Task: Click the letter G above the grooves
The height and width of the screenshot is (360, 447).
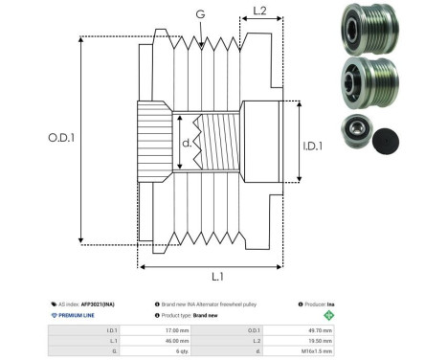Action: pyautogui.click(x=198, y=14)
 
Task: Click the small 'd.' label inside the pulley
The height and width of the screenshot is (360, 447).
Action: pyautogui.click(x=188, y=144)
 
